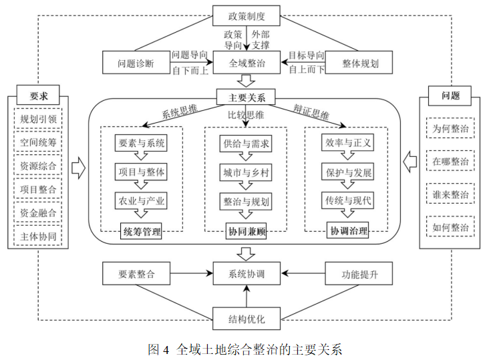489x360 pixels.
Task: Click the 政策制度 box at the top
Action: point(246,15)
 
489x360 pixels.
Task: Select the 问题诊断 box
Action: point(136,63)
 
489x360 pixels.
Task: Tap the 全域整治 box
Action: point(247,63)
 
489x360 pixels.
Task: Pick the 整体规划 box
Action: point(359,63)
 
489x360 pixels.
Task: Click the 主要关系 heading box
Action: point(246,98)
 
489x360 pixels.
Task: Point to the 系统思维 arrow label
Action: point(179,112)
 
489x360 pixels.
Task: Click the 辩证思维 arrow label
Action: point(311,112)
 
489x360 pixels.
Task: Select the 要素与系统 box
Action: point(141,143)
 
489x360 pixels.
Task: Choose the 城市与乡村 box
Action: point(246,172)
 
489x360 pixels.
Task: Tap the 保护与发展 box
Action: point(348,172)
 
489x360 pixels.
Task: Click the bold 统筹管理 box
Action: point(141,231)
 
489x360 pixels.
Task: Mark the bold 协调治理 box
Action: point(348,230)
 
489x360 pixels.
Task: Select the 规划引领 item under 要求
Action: point(38,119)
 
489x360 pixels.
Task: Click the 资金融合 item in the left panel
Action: point(38,212)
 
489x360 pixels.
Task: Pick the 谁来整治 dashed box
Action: point(450,194)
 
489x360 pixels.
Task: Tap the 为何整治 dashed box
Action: point(450,128)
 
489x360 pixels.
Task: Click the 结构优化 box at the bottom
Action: point(247,319)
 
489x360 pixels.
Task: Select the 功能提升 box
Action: point(359,273)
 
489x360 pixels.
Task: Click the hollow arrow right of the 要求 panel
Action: point(78,168)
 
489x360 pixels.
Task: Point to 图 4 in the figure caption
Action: point(159,349)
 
